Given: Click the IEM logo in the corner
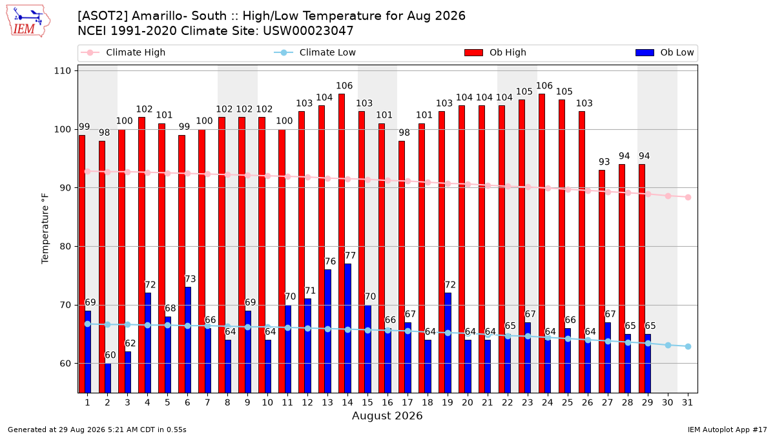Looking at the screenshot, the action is coord(28,21).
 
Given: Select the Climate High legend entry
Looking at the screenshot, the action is coord(123,52).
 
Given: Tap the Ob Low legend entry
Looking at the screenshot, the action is coord(665,52).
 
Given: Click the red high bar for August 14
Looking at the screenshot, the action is coord(342,244).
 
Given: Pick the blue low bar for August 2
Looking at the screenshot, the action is coord(108,378).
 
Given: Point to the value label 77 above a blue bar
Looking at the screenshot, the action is coord(350,255).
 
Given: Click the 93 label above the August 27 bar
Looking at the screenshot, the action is coord(604,161).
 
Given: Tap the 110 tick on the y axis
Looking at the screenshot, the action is coord(62,71).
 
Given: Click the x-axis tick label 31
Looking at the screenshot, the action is coord(687,402).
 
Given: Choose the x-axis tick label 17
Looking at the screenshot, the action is coord(408,402).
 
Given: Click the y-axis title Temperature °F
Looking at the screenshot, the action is coord(45,229).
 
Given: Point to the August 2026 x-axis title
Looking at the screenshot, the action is coord(387,415).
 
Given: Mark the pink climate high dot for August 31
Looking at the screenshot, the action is coord(688,197).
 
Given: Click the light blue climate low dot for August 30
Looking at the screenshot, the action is coord(668,346).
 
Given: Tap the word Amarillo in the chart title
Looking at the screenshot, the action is coord(158,16).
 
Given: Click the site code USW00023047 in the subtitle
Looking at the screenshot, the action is coord(308,31).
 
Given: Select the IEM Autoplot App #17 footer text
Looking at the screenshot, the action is coord(727,430).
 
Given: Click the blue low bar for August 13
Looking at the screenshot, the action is coord(327,331).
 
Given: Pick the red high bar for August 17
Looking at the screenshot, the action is coord(402,267).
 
